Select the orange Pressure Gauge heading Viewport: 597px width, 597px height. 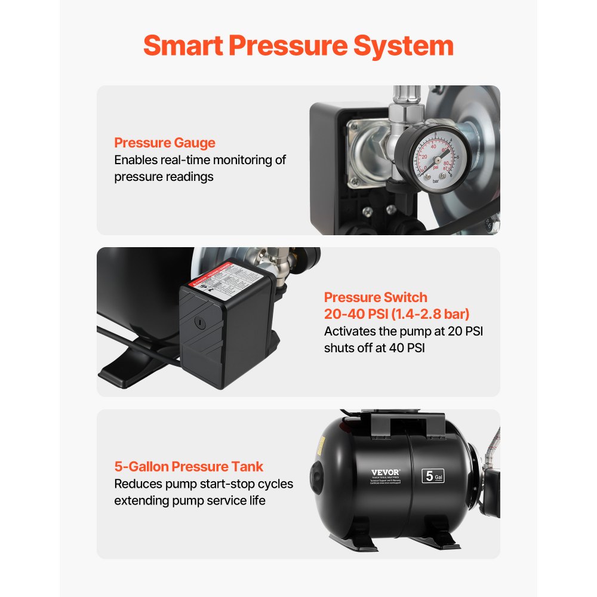pos(165,143)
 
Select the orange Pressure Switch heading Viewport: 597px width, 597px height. pos(376,297)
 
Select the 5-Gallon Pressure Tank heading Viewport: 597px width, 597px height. pos(189,466)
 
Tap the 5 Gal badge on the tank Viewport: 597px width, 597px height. pos(433,476)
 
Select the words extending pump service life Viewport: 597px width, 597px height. pos(190,500)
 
